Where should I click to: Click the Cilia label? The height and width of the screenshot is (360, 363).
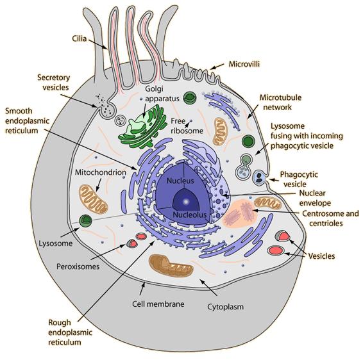[80, 38]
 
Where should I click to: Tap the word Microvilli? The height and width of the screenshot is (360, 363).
[244, 64]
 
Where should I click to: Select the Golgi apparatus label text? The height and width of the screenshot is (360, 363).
[162, 94]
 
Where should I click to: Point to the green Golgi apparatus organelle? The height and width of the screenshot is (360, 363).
[143, 127]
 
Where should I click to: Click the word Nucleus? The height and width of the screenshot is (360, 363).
[180, 181]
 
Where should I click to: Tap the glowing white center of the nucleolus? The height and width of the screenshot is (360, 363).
[185, 202]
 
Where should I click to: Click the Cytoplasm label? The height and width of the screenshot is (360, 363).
[225, 307]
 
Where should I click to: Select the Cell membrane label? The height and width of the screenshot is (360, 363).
[158, 304]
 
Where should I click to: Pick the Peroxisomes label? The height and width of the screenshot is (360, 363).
[78, 266]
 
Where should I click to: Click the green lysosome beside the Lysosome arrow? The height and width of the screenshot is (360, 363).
[86, 221]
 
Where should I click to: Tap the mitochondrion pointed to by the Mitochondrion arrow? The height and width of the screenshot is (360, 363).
[93, 199]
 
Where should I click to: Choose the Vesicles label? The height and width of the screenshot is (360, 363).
[321, 256]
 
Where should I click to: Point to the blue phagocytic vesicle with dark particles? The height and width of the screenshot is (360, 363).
[259, 177]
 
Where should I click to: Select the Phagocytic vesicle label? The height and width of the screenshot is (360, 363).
[299, 179]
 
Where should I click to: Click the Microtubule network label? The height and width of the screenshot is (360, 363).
[280, 102]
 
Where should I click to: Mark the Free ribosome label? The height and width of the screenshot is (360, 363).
[187, 126]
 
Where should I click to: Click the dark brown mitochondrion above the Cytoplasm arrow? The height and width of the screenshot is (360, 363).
[171, 265]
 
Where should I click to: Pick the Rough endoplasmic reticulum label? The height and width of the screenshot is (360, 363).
[70, 332]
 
